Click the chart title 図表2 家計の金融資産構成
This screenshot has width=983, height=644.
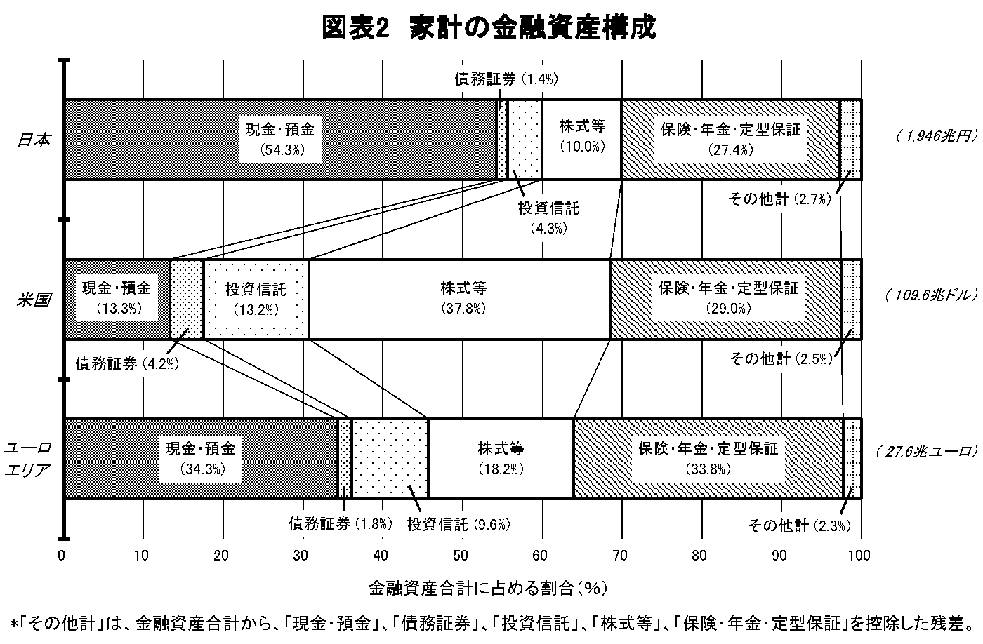(x=489, y=27)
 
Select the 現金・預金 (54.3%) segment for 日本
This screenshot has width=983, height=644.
(x=281, y=140)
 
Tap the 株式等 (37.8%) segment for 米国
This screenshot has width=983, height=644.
(x=459, y=299)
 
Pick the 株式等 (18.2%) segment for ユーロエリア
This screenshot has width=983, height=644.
(x=501, y=459)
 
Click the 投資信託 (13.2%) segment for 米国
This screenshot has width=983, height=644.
(x=256, y=299)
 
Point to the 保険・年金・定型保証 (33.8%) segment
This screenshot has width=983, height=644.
(x=708, y=459)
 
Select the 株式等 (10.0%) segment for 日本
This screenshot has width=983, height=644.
(x=582, y=140)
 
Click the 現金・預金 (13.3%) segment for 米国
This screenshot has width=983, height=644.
(x=117, y=299)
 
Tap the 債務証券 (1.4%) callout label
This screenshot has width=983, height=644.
(x=506, y=79)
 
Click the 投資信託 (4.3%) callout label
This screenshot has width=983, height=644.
(x=548, y=218)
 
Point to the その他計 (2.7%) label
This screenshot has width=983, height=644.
(x=780, y=199)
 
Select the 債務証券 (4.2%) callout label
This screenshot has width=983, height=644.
(x=127, y=363)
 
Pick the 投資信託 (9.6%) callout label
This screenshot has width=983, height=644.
(x=458, y=524)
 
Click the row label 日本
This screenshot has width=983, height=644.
(x=34, y=140)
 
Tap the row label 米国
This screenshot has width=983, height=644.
(x=34, y=300)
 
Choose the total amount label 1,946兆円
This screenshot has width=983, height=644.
(x=937, y=136)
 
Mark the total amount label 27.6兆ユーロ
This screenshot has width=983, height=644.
(x=927, y=452)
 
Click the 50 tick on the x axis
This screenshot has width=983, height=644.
(x=461, y=556)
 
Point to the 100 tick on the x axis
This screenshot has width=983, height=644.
(x=859, y=556)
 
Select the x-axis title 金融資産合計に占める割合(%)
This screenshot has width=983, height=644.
(x=487, y=589)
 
